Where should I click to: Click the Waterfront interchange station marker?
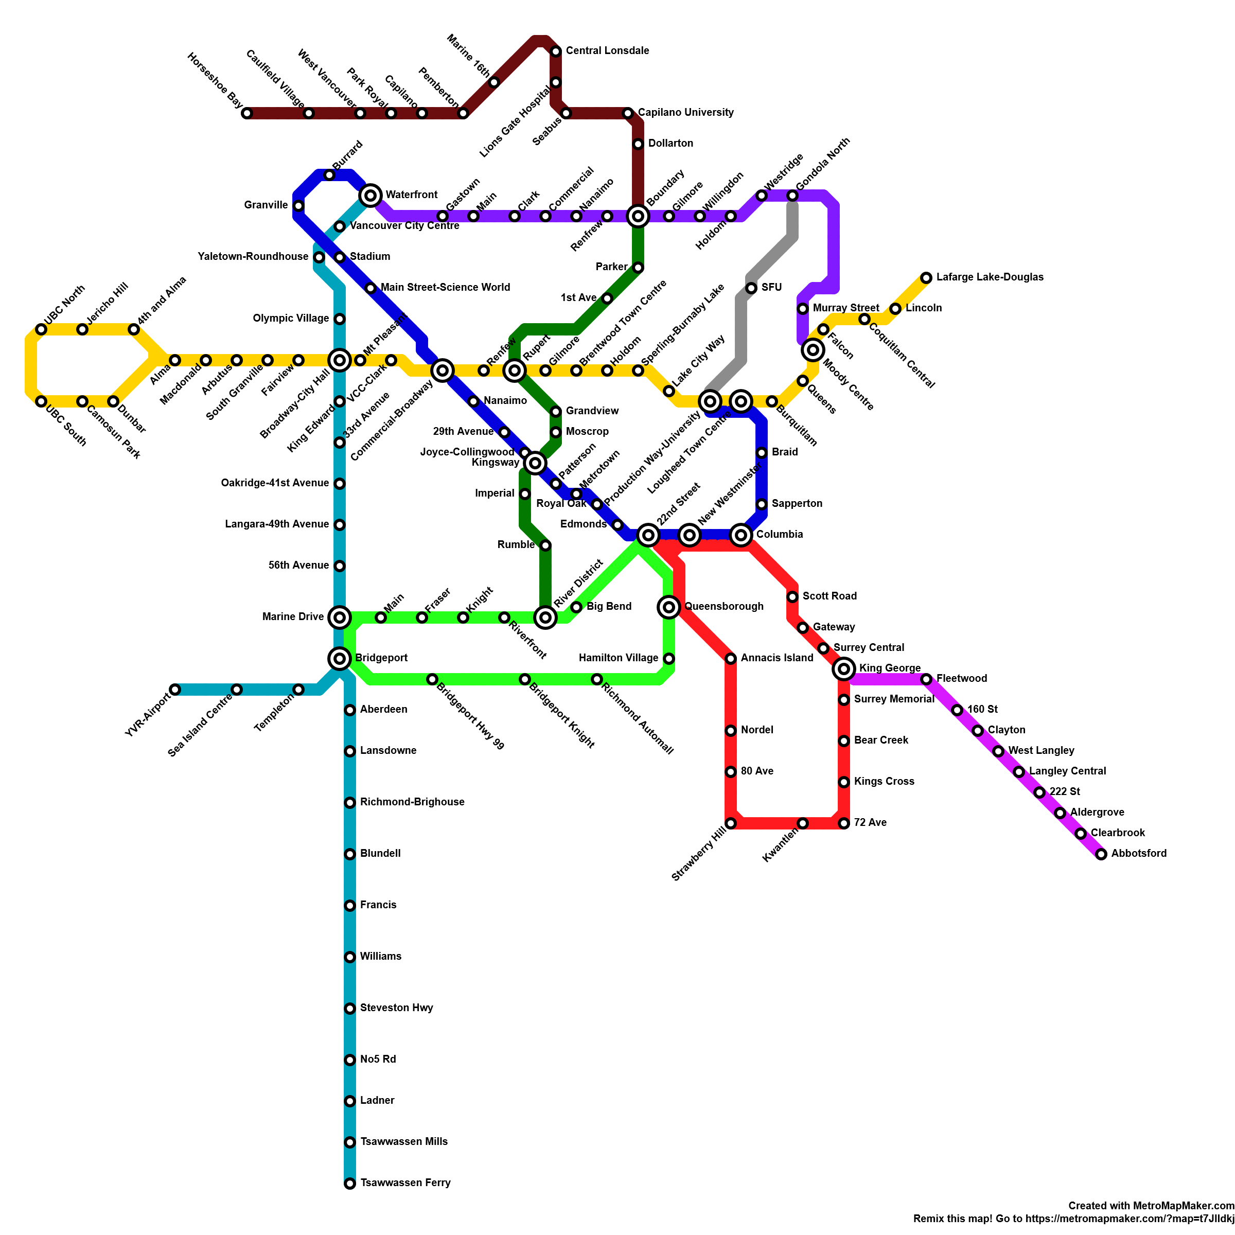[370, 196]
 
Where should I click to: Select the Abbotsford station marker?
[1101, 855]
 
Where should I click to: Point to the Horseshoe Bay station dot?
[248, 114]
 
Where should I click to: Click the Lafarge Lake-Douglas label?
[990, 277]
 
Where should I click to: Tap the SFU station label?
[771, 288]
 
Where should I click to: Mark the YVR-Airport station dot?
[175, 690]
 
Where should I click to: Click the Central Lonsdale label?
[607, 51]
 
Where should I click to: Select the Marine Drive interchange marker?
[340, 617]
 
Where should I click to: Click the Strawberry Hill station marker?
[731, 823]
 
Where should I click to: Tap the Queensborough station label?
[724, 607]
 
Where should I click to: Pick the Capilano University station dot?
[628, 114]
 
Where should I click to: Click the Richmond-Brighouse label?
[412, 802]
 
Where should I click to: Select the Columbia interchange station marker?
[741, 535]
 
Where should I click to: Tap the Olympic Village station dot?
[340, 319]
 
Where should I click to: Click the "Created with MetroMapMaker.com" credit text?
[1151, 1206]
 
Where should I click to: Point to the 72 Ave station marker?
[844, 823]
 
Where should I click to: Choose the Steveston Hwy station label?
[396, 1008]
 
